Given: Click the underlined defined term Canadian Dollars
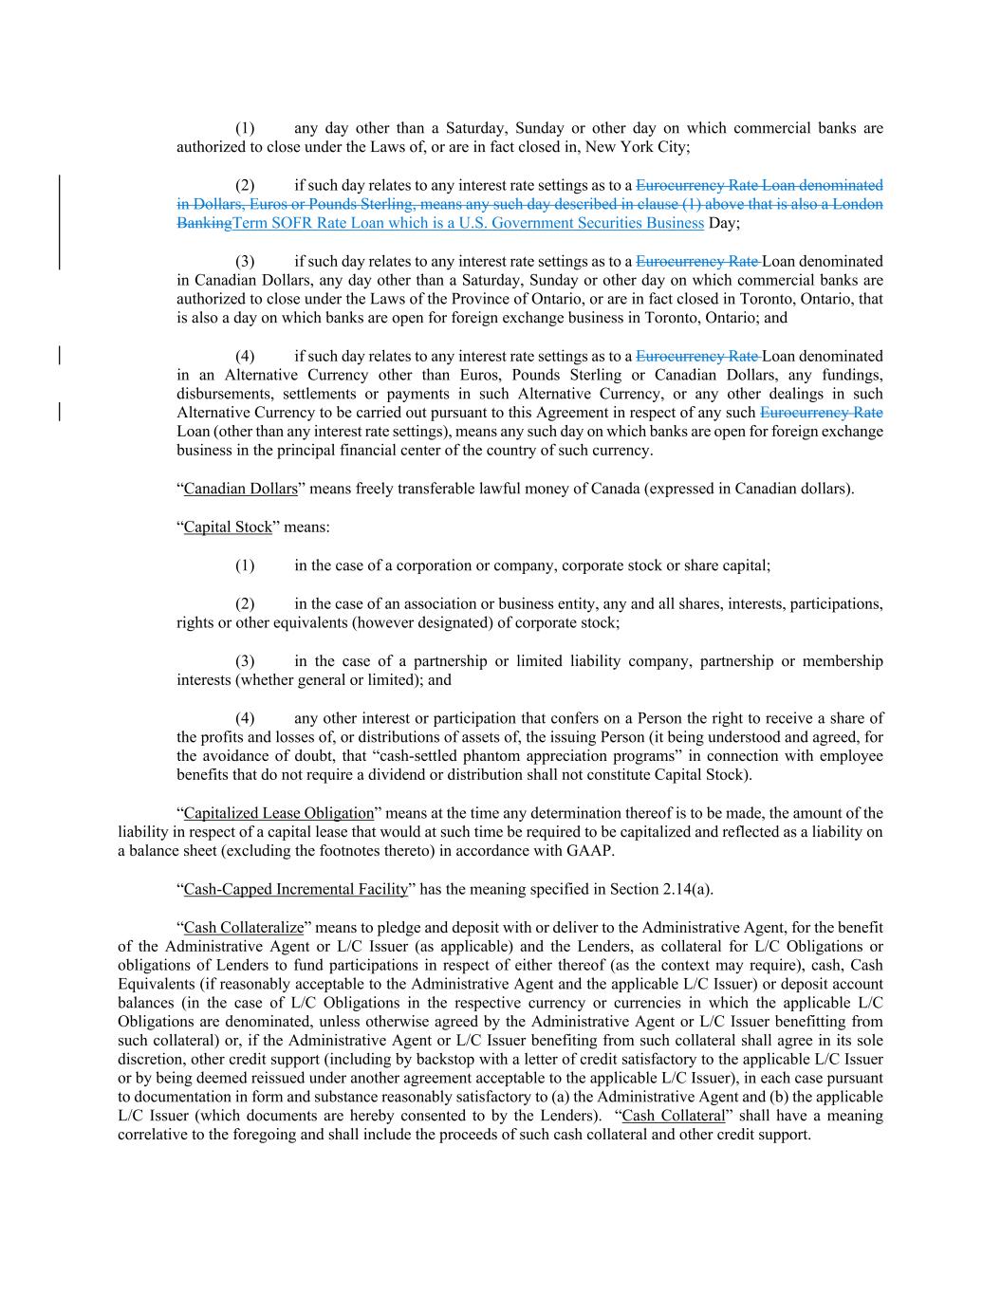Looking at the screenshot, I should (240, 490).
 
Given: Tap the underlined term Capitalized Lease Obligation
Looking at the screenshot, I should (279, 813).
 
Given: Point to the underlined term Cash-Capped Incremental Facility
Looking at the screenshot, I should (296, 889).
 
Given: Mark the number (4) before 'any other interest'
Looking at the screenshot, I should (245, 718).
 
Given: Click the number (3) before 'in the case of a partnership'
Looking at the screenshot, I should (245, 661).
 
